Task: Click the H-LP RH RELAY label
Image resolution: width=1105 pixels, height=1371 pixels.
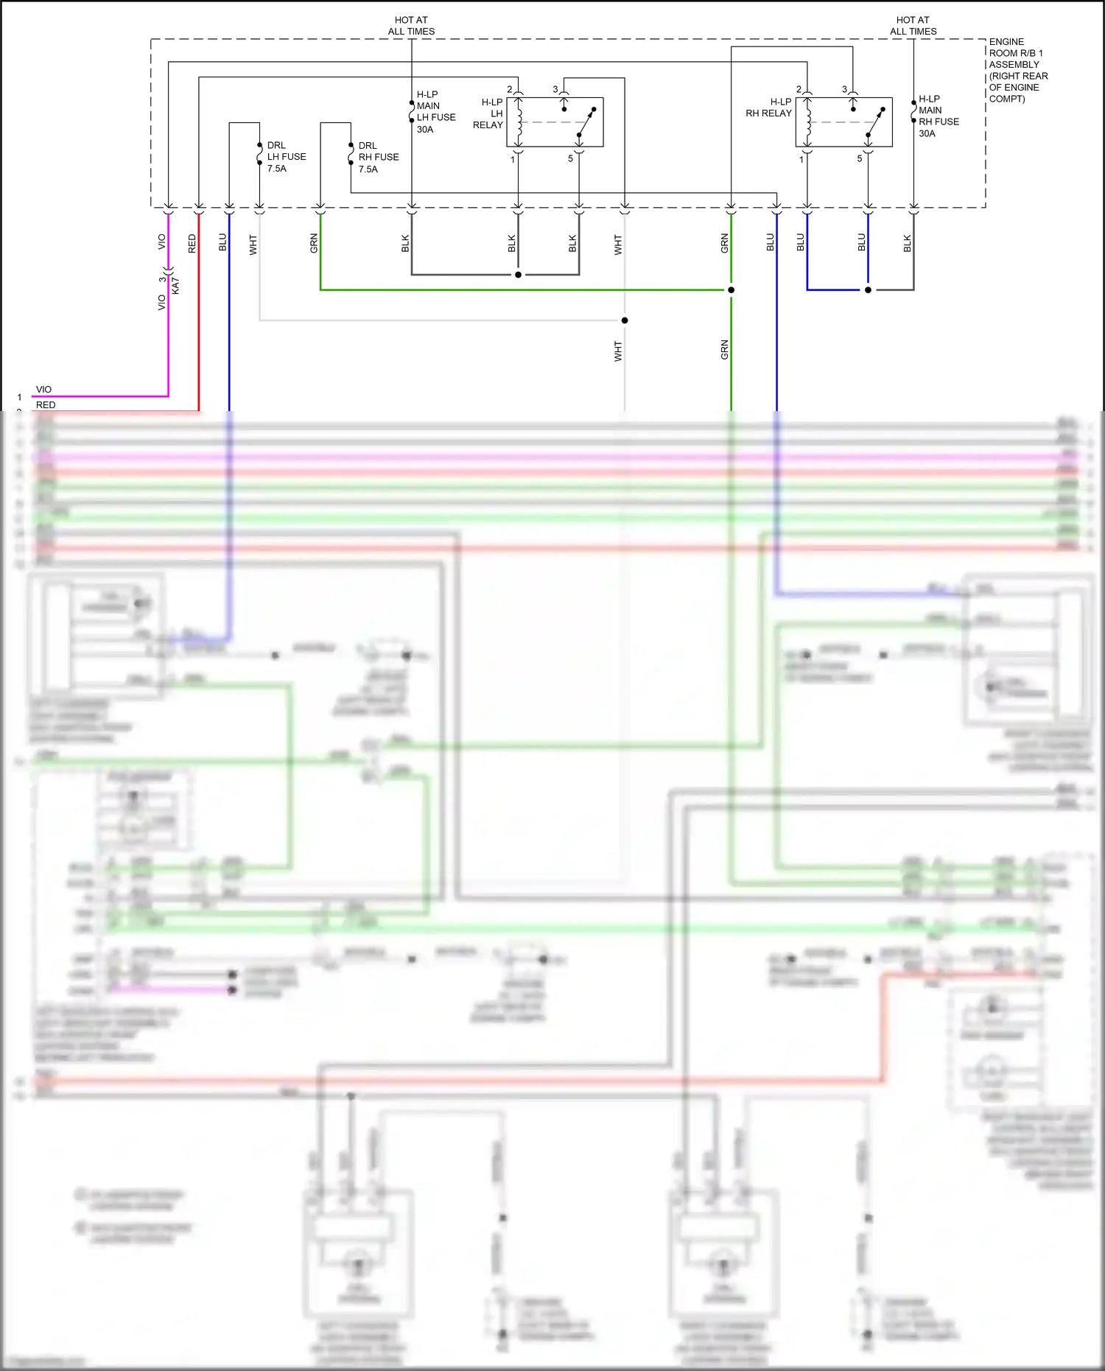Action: click(x=768, y=108)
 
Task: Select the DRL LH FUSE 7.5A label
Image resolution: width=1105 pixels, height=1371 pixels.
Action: click(x=286, y=157)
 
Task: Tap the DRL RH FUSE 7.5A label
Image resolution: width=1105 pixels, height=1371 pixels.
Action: click(x=378, y=157)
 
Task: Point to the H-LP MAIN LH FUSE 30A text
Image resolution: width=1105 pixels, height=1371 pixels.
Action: click(x=435, y=112)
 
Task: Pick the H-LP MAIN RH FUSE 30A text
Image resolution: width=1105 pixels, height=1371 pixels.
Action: click(x=938, y=116)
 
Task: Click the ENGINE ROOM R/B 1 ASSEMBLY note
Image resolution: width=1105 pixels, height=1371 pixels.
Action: click(x=1017, y=70)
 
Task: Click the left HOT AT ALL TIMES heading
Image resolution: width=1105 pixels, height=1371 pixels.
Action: click(x=411, y=26)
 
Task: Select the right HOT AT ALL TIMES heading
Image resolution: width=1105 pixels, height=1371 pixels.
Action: click(x=913, y=26)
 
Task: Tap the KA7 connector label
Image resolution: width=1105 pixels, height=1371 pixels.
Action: click(x=175, y=287)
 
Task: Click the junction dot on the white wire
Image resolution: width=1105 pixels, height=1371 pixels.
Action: click(x=625, y=320)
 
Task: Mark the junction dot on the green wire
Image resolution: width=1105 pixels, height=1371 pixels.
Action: click(x=731, y=290)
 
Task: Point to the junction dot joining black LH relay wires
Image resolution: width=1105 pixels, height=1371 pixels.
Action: click(x=518, y=275)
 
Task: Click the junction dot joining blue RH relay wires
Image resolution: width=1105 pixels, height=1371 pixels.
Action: click(x=868, y=290)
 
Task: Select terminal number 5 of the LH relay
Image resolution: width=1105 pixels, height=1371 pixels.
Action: click(x=570, y=158)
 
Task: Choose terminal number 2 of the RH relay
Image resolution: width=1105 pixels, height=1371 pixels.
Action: click(x=799, y=89)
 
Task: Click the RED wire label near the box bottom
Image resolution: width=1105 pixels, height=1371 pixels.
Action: click(x=192, y=244)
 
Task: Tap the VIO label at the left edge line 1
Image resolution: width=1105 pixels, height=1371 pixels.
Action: click(x=43, y=389)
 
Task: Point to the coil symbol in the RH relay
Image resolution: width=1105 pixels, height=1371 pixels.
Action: click(x=809, y=122)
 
